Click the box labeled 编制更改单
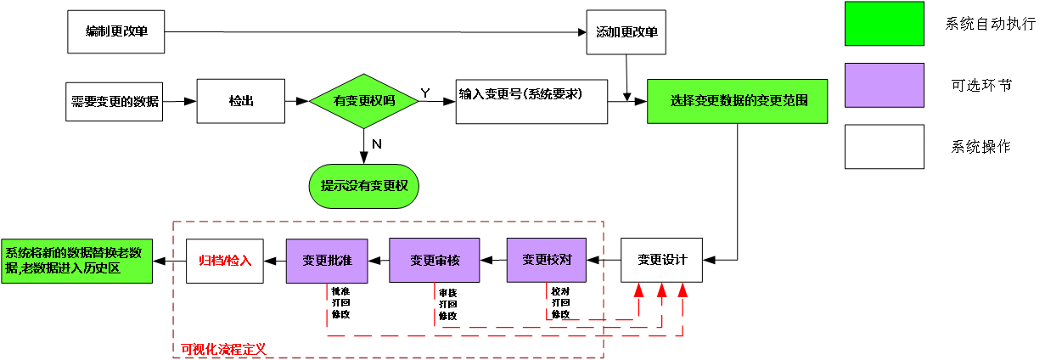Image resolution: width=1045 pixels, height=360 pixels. pos(115,32)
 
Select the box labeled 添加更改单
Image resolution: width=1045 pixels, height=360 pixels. pos(626,32)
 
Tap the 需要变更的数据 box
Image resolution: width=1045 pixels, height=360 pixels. pos(115,101)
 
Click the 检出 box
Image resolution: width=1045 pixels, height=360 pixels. pos(241,101)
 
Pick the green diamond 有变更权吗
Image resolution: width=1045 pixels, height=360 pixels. pos(364,101)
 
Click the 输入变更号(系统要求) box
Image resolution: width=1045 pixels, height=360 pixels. pos(531,101)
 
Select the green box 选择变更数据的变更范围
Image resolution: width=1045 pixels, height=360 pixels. pos(737,101)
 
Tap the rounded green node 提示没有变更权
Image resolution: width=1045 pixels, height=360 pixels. pos(364,186)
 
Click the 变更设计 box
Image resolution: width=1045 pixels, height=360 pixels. pos(661,260)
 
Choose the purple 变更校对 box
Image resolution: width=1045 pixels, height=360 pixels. pos(547,260)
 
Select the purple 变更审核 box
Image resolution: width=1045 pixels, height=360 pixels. pos(434,260)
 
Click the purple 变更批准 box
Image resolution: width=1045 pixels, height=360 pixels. pos(327,260)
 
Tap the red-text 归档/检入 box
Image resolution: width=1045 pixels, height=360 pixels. pos(225,260)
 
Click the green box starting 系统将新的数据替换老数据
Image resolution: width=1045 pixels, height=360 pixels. pos(76,260)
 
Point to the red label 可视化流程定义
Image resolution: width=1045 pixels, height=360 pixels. pos(223,349)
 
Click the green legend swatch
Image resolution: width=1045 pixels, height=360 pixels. pos(884,23)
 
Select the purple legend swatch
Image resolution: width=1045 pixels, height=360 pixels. pos(884,85)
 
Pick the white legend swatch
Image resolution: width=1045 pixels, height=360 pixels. pos(884,147)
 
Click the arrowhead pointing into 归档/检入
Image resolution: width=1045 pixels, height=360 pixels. pos(269,260)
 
